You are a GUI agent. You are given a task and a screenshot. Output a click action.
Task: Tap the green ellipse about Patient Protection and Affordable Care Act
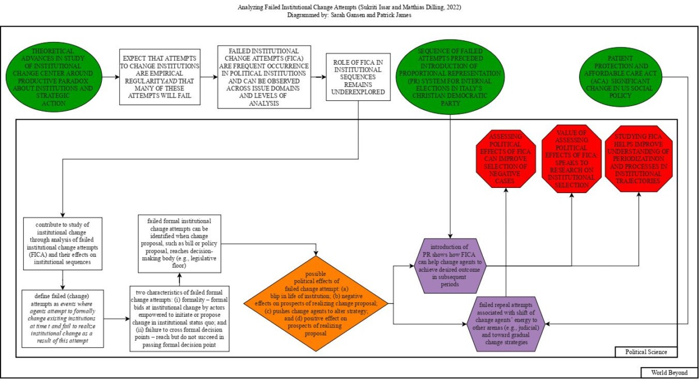[620, 76]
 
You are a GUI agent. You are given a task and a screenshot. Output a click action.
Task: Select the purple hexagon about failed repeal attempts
[506, 323]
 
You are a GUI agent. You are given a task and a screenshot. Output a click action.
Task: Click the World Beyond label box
[668, 372]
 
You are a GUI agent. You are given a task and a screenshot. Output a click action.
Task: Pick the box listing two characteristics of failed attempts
[180, 318]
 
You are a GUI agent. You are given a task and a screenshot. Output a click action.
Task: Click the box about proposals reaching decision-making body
[179, 244]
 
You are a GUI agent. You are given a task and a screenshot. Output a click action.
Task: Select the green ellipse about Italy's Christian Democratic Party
[451, 76]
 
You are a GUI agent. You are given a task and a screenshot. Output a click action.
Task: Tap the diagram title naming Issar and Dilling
[349, 7]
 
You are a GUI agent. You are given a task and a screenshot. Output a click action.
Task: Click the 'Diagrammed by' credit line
[349, 16]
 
